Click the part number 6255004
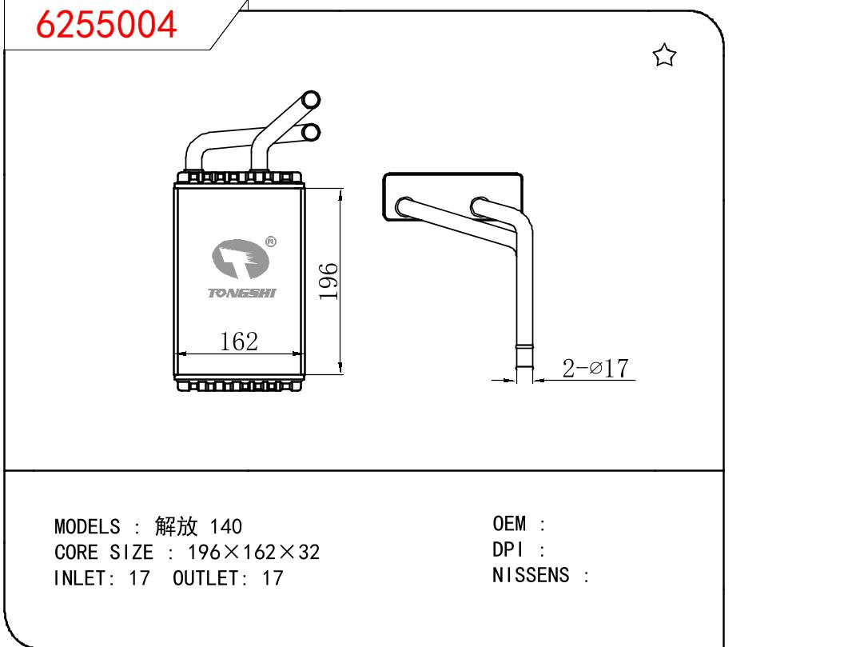106,26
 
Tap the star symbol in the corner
664,55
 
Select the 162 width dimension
239,341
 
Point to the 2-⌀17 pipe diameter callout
595,368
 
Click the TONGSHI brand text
242,294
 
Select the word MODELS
87,526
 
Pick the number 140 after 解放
225,526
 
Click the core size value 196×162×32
253,552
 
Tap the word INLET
83,577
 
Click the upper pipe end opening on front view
311,100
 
